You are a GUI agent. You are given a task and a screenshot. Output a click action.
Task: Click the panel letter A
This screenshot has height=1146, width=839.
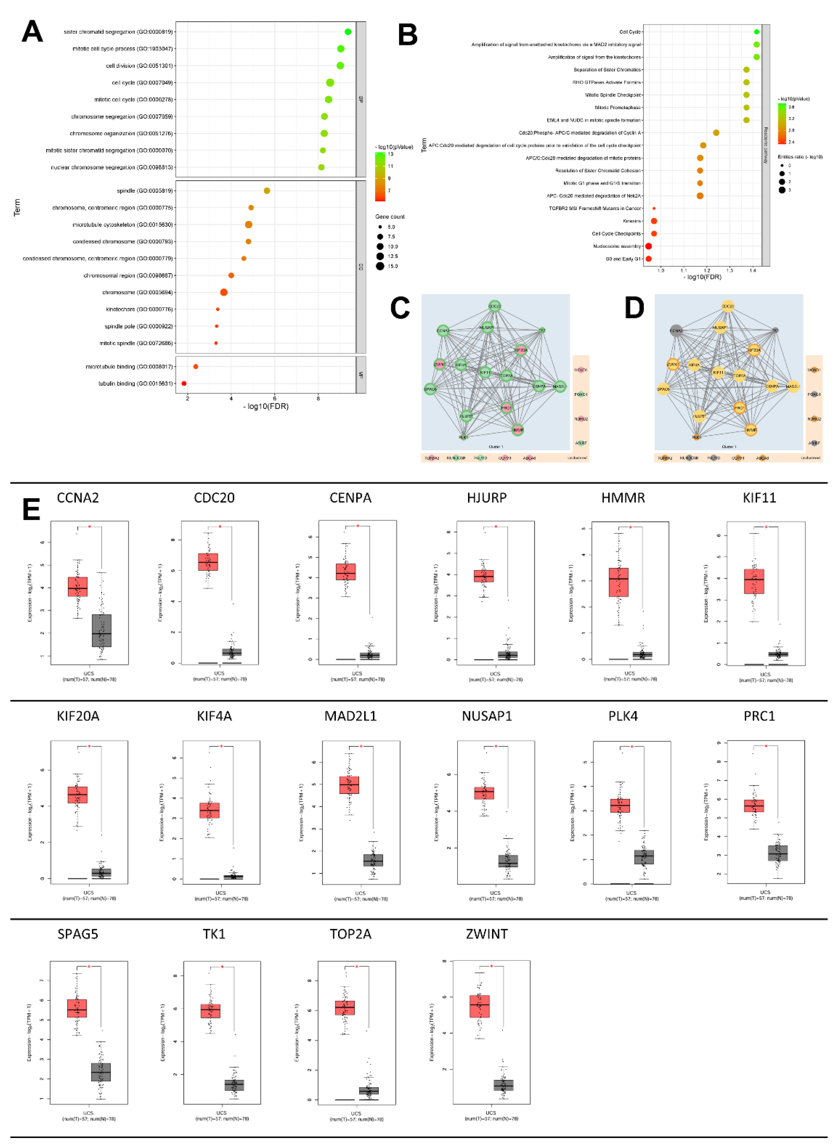[32, 32]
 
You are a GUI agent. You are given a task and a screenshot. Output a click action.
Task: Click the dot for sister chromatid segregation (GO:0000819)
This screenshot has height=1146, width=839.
[348, 32]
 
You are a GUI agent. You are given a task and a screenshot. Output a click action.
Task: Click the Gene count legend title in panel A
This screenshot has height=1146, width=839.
[390, 217]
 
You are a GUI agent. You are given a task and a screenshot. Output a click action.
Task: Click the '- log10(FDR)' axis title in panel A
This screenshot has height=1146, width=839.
[266, 406]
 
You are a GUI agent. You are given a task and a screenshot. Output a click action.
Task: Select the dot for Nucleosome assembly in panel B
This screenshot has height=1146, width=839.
[649, 246]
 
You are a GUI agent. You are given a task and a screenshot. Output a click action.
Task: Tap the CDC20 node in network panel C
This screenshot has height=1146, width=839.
[494, 306]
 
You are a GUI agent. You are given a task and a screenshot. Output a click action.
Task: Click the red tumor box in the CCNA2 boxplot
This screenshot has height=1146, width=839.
[78, 587]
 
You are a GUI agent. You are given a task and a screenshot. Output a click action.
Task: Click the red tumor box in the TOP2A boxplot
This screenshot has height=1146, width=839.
[345, 1008]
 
